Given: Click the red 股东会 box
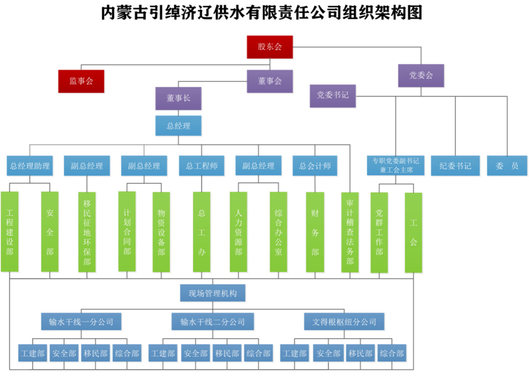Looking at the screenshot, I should click(270, 47).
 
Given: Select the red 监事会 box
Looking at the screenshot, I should click(81, 81).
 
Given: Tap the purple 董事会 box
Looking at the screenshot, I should click(270, 81).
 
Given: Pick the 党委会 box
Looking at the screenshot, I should click(421, 76).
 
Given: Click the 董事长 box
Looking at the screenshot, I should click(178, 98).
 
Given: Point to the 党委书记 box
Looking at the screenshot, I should click(333, 96).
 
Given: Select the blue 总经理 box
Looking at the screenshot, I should click(178, 126).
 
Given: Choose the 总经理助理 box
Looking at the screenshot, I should click(30, 166).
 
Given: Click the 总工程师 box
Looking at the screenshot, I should click(202, 166).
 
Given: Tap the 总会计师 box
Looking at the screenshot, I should click(315, 166).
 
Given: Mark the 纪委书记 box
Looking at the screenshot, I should click(455, 166).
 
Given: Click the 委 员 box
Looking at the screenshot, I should click(507, 166).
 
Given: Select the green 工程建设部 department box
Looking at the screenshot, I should click(10, 232).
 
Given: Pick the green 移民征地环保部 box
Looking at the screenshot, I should click(87, 232).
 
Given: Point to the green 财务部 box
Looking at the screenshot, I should click(315, 232).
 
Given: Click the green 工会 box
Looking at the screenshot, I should click(413, 232).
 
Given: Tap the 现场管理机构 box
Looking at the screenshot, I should click(212, 293).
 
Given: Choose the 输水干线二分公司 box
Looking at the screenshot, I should click(212, 321).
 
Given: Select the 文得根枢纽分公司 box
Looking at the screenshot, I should click(344, 321).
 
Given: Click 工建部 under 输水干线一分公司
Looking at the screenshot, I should click(33, 353).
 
